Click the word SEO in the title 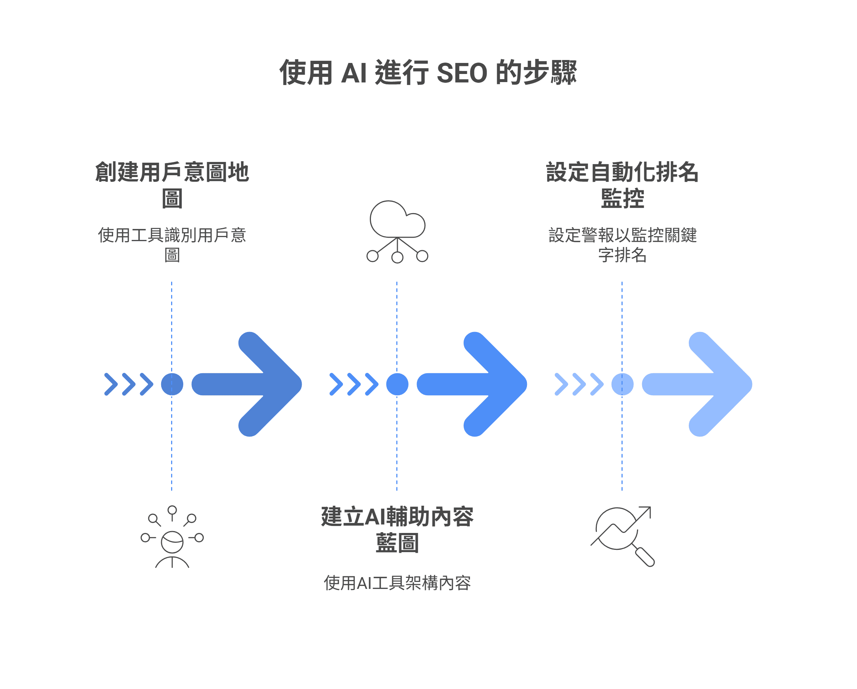coord(461,73)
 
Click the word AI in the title coord(354,73)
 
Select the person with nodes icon coord(172,537)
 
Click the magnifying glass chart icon coord(623,535)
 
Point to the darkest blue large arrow coord(251,384)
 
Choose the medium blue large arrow coord(475,384)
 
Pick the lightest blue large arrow coord(700,384)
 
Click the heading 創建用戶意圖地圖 coord(172,185)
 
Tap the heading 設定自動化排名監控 coord(622,185)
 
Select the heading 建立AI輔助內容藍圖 coord(397,530)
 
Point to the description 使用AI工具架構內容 coord(397,583)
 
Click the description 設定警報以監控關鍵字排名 coord(622,245)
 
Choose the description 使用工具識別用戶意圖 coord(172,245)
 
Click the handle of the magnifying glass coord(645,556)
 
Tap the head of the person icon coord(172,541)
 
